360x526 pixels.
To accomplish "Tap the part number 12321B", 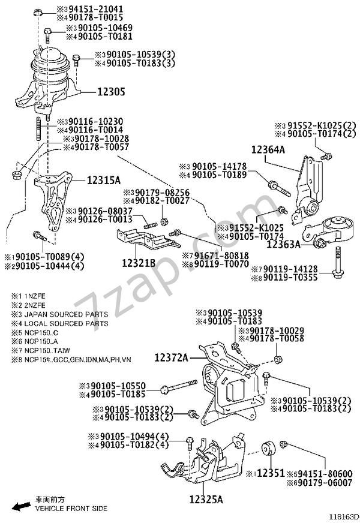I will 139,262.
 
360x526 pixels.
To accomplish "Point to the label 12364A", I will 268,149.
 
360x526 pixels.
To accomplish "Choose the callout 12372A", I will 172,357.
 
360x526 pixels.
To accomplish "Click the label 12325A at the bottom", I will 206,499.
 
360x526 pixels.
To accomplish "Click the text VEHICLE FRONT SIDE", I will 71,508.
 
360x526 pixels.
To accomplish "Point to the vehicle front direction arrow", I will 22,506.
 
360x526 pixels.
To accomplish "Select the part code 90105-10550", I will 118,386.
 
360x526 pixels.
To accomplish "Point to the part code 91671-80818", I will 211,255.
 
